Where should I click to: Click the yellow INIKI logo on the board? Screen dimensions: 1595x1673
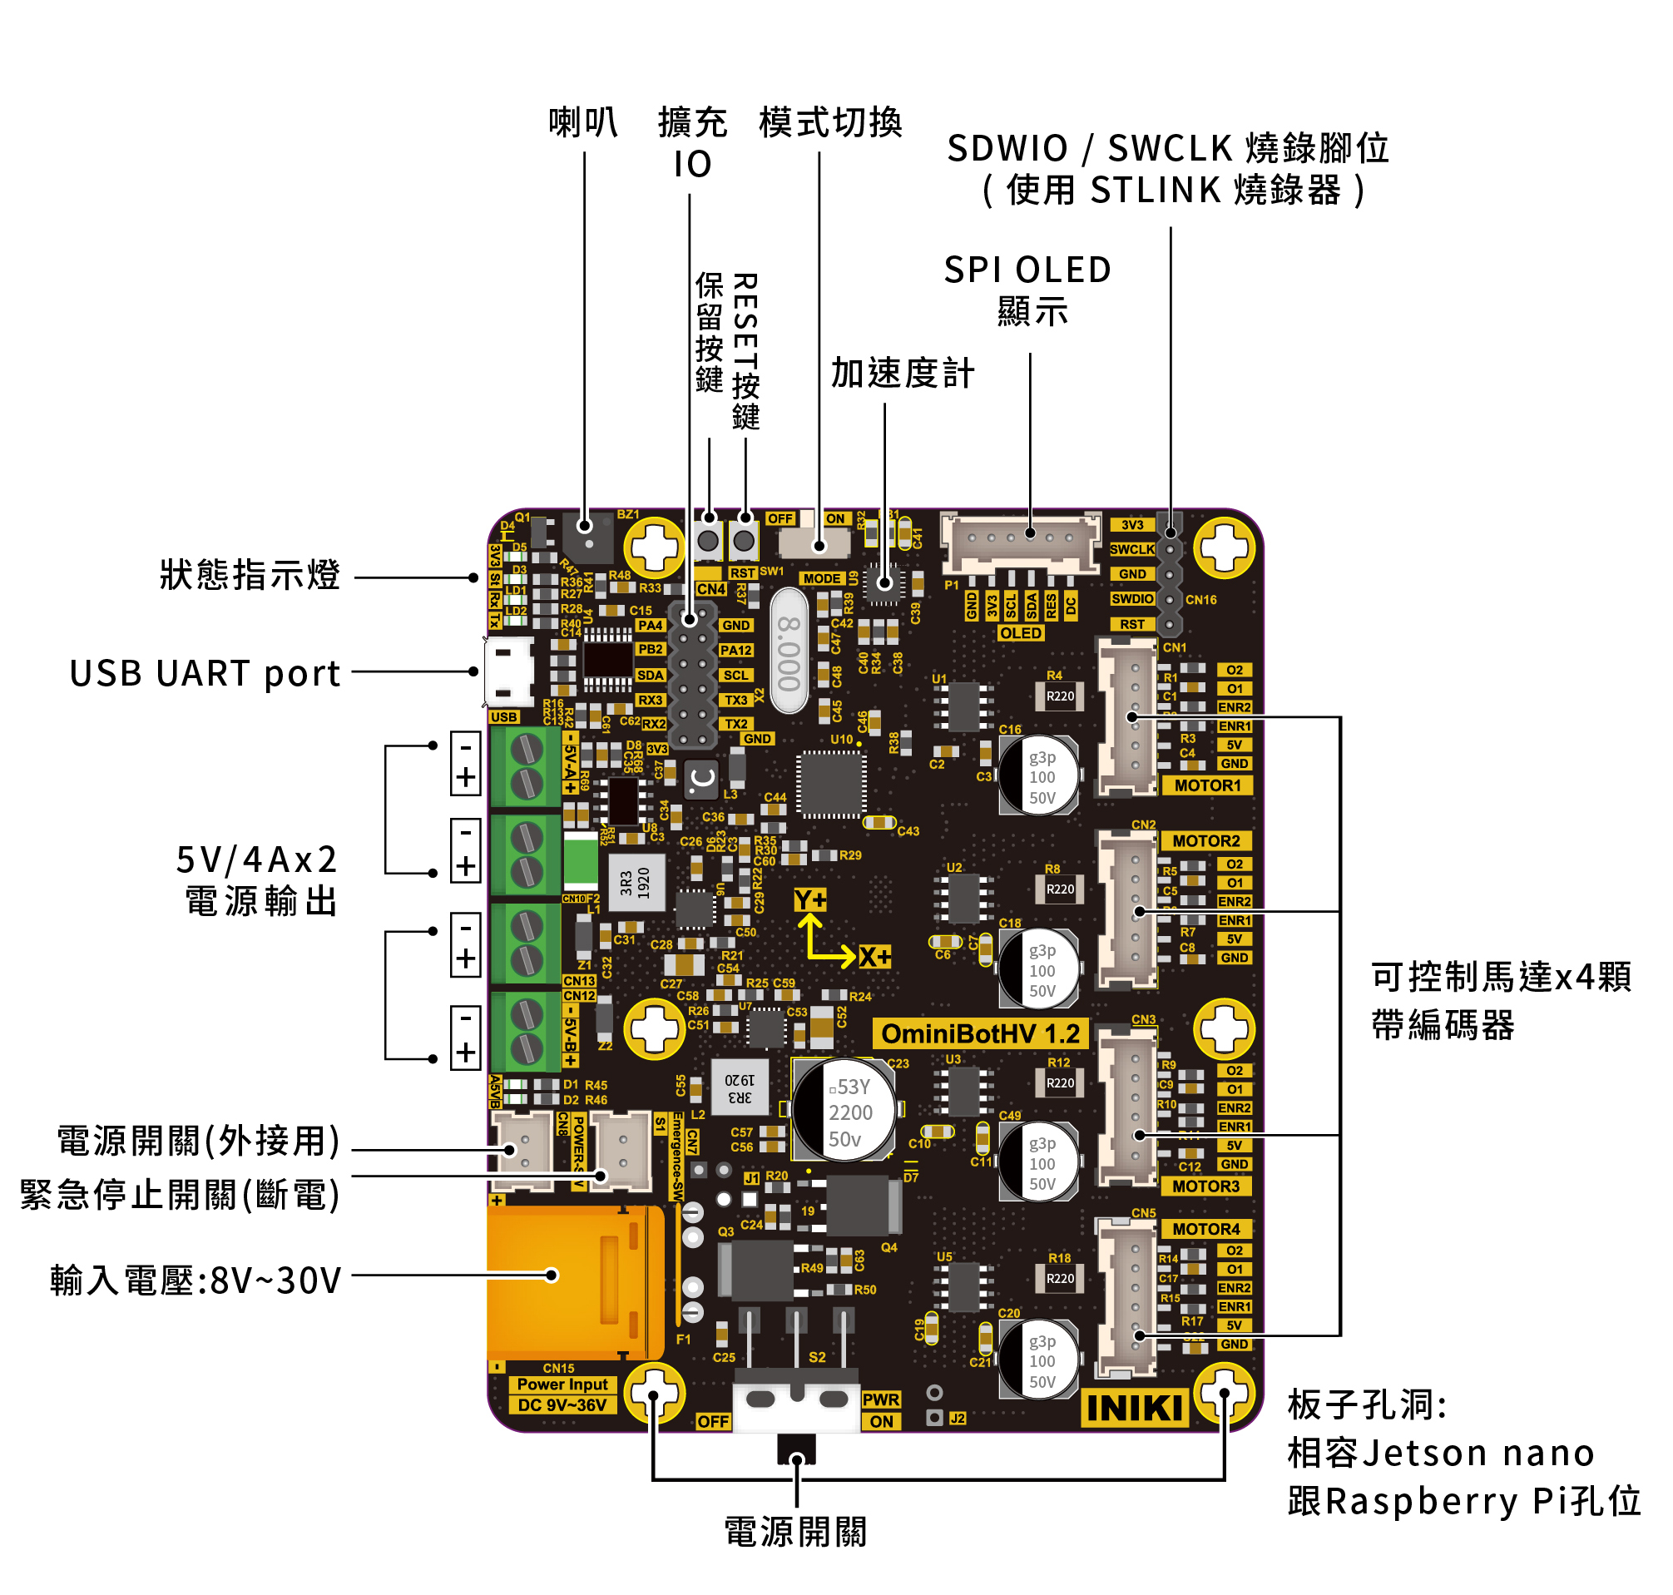click(1133, 1408)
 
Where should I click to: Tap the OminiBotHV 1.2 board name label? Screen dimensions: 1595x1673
click(979, 1034)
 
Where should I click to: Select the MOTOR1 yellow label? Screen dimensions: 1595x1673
click(1207, 785)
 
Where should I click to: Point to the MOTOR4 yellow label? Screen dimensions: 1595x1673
click(1205, 1230)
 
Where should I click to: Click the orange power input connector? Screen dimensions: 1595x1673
click(574, 1282)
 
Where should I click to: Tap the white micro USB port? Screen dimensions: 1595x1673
click(508, 671)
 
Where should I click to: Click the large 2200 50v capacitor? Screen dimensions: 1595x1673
click(844, 1112)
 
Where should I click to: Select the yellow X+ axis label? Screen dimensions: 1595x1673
click(874, 958)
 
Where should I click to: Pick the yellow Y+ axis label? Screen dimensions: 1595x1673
click(809, 900)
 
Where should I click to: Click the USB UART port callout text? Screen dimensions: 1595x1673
click(205, 673)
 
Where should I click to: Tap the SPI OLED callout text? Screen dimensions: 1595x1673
click(1027, 270)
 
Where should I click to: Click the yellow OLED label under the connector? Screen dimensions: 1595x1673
click(1020, 633)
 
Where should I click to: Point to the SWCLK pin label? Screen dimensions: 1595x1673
click(1131, 550)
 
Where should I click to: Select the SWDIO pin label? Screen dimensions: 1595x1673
click(1131, 599)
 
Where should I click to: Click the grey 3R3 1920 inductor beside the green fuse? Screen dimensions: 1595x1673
click(636, 883)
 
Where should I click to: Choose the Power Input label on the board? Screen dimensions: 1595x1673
click(562, 1385)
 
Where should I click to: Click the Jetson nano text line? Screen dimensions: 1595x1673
click(1440, 1454)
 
